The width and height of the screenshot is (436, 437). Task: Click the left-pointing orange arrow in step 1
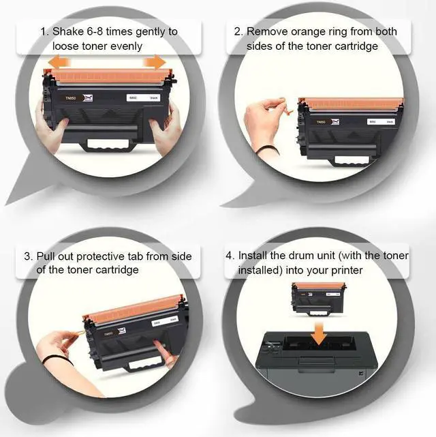pos(59,61)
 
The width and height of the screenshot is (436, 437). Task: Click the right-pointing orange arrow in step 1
pos(155,61)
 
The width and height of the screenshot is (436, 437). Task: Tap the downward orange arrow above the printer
pos(319,333)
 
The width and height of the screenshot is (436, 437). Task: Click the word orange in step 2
pos(308,32)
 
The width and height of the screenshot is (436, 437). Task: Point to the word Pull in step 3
pos(46,256)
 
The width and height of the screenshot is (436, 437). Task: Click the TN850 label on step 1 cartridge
pos(70,98)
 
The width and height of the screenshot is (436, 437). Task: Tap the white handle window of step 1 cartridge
pos(108,143)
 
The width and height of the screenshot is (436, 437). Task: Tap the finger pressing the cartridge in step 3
pos(163,350)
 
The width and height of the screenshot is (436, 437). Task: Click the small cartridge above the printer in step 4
pos(318,299)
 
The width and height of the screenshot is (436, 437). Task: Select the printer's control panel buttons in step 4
pos(272,347)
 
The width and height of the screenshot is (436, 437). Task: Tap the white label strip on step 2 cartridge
pos(381,122)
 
